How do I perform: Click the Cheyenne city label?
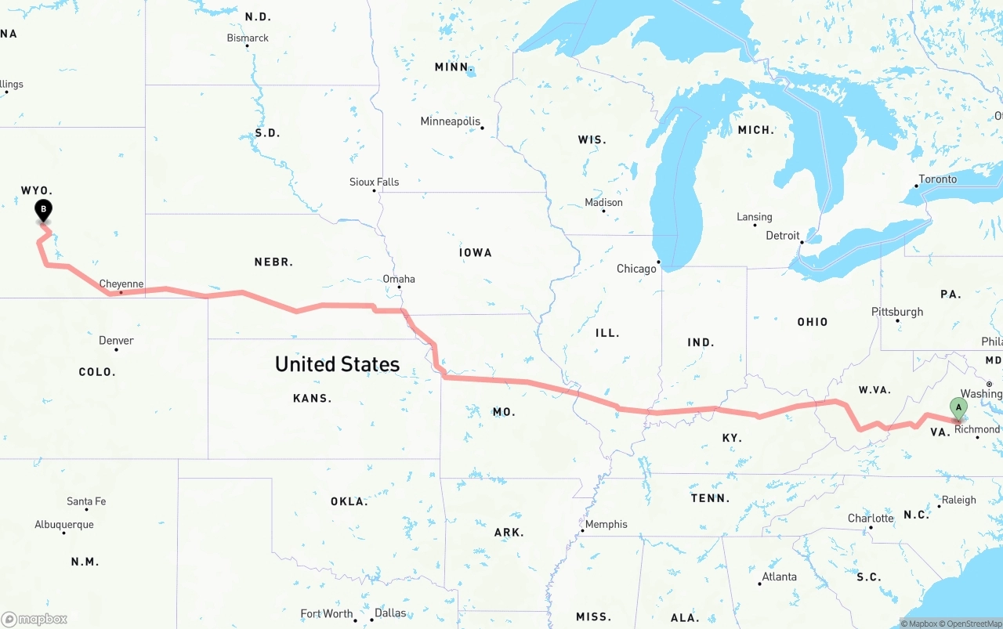(x=121, y=284)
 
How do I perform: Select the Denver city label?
(x=116, y=341)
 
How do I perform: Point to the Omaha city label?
(x=399, y=279)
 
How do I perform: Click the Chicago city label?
(x=636, y=269)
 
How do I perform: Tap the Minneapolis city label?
(x=450, y=121)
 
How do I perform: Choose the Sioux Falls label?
(x=374, y=182)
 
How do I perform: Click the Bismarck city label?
(x=248, y=38)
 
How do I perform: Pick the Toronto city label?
(x=938, y=179)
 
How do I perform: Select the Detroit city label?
(x=783, y=236)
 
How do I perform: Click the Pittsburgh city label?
(x=897, y=312)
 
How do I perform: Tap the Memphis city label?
(x=606, y=524)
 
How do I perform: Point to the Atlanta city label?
(x=780, y=577)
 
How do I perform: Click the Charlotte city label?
(x=871, y=519)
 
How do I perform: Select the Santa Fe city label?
(x=86, y=501)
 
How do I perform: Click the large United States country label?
(x=337, y=364)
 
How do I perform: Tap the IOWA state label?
(x=476, y=252)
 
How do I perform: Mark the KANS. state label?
(x=312, y=398)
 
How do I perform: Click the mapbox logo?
(x=34, y=619)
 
